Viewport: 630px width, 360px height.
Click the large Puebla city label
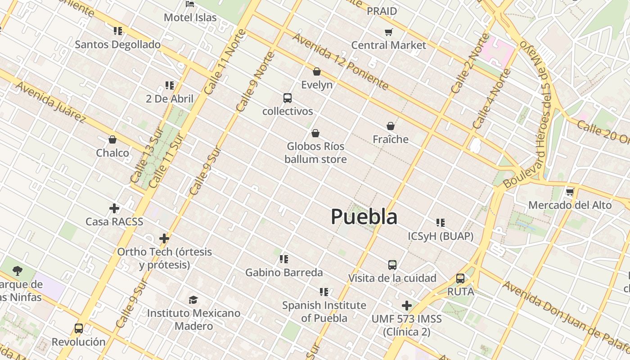[x=364, y=217]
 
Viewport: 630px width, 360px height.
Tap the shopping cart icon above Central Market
[x=388, y=32]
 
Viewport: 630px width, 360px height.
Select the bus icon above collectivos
[x=288, y=98]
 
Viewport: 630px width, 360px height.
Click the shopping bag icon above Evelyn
[x=317, y=72]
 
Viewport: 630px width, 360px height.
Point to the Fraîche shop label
[x=391, y=139]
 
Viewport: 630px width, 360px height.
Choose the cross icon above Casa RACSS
[x=114, y=208]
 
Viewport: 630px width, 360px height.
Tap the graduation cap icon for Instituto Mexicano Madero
[x=193, y=300]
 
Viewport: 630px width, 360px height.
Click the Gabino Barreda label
[x=284, y=273]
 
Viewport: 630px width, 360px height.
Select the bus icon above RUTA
[x=460, y=279]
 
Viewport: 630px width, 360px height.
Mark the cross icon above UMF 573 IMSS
[x=407, y=306]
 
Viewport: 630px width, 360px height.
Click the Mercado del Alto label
[x=570, y=205]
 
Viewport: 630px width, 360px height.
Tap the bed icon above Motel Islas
[x=190, y=4]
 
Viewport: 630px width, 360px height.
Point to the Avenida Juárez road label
[x=50, y=102]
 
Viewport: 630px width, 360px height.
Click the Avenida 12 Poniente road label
[x=340, y=61]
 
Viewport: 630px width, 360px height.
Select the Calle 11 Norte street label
[x=225, y=62]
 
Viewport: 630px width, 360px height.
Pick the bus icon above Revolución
[x=79, y=328]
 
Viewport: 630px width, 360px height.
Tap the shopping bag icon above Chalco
[x=112, y=140]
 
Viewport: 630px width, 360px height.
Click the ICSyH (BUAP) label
[x=441, y=236]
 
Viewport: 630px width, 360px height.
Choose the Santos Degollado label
[x=117, y=45]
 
